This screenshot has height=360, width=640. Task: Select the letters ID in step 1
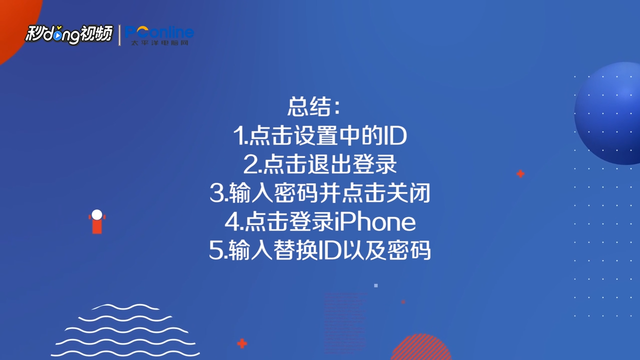click(x=394, y=135)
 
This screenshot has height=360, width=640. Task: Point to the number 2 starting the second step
click(x=250, y=164)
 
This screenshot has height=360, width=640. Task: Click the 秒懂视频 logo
click(x=69, y=34)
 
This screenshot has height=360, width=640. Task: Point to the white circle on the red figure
click(x=97, y=215)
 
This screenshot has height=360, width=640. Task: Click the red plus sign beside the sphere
click(x=520, y=174)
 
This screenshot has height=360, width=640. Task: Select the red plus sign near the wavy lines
click(x=242, y=343)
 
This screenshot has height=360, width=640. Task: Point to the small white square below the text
click(x=376, y=285)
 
